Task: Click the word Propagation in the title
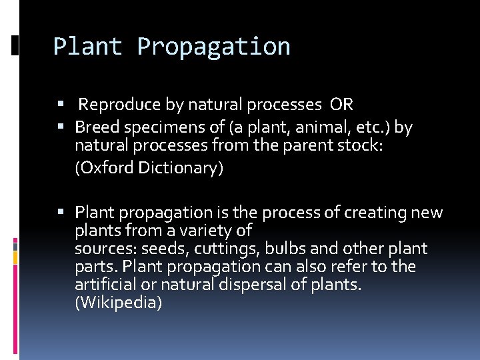(x=213, y=47)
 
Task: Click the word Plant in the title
(x=87, y=47)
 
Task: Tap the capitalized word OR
(x=341, y=105)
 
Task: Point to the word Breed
(x=95, y=127)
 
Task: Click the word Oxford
(x=105, y=168)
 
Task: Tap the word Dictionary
(x=180, y=168)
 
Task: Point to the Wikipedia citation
(x=119, y=303)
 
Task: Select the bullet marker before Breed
(x=60, y=126)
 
